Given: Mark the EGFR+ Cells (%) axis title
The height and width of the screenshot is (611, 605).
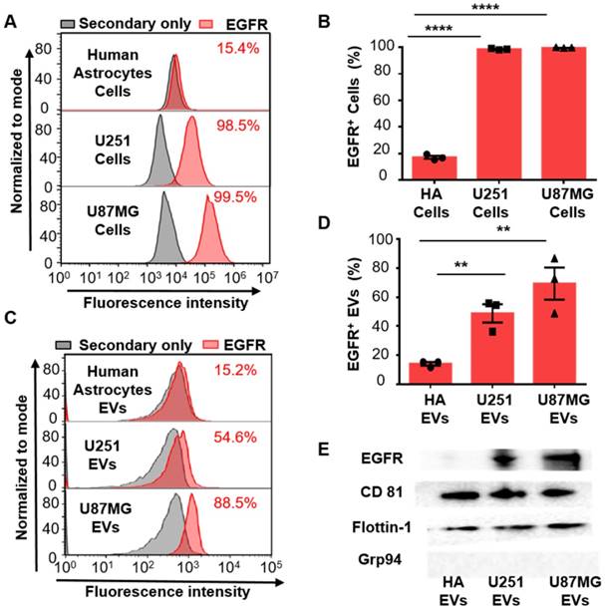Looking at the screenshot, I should tap(348, 111).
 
